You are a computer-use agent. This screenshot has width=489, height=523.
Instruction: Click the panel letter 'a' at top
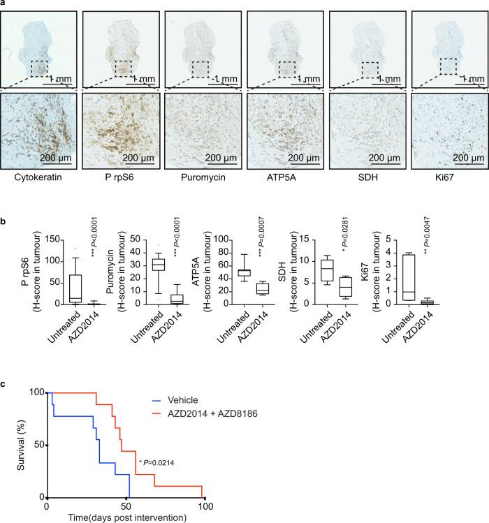point(3,3)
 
